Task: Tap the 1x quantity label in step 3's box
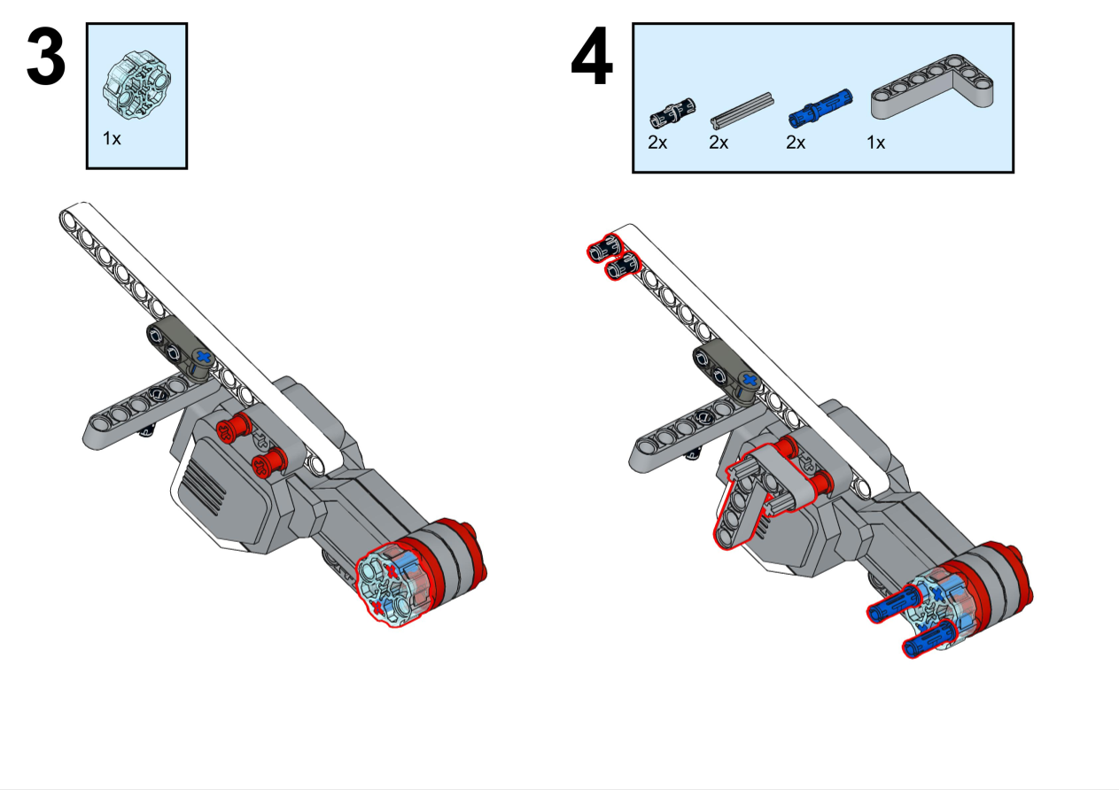[112, 139]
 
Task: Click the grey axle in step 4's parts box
[743, 107]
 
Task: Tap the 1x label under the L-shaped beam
[875, 142]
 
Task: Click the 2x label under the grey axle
[719, 142]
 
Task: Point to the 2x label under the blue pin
[796, 142]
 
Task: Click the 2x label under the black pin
[657, 142]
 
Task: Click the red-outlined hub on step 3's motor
[391, 584]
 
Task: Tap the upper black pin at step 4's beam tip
[602, 247]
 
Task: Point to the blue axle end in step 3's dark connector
[205, 357]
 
